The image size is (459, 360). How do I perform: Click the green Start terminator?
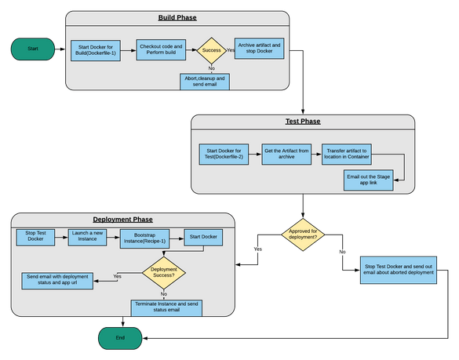click(33, 49)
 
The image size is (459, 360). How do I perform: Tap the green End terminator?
click(120, 338)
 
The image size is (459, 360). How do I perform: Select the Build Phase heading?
click(177, 17)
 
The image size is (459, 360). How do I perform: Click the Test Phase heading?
click(303, 121)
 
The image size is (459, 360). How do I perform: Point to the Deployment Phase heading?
click(122, 220)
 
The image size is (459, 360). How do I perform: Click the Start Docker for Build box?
click(96, 50)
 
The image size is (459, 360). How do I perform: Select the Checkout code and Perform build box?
click(161, 49)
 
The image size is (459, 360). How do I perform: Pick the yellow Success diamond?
click(211, 50)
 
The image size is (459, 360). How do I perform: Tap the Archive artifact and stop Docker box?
click(259, 49)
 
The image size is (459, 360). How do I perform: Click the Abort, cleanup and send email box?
click(205, 82)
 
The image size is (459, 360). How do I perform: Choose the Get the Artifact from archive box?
click(286, 154)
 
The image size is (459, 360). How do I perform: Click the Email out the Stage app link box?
click(369, 180)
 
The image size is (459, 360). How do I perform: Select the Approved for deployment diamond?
click(303, 235)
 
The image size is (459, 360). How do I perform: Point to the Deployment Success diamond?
click(164, 273)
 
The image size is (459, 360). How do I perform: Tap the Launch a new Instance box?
click(87, 237)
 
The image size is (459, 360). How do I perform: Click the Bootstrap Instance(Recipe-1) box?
click(144, 238)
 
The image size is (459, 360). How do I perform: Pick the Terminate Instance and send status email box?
click(166, 308)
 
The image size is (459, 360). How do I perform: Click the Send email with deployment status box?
click(57, 281)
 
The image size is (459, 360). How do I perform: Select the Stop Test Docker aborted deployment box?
click(399, 270)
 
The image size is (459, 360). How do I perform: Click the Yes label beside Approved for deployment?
click(257, 249)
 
